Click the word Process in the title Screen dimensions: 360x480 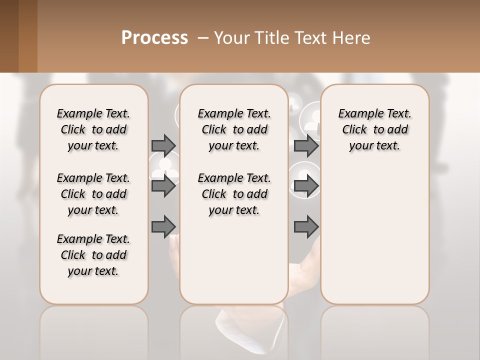pyautogui.click(x=154, y=38)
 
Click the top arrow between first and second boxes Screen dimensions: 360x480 pyautogui.click(x=163, y=145)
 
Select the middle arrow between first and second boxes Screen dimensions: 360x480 pyautogui.click(x=163, y=186)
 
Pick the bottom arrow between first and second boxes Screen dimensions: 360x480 pyautogui.click(x=163, y=226)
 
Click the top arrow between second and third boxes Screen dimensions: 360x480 pyautogui.click(x=306, y=145)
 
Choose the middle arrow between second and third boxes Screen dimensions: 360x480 pyautogui.click(x=306, y=186)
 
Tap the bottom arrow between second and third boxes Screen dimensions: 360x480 pyautogui.click(x=306, y=226)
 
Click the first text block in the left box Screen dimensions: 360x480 pyautogui.click(x=93, y=129)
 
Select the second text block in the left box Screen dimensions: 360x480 pyautogui.click(x=93, y=194)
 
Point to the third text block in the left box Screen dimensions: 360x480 pyautogui.click(x=93, y=255)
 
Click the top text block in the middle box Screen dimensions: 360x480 pyautogui.click(x=234, y=129)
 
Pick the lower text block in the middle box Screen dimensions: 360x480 pyautogui.click(x=234, y=194)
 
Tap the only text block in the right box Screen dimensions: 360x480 pyautogui.click(x=374, y=129)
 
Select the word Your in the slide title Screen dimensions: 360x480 pyautogui.click(x=230, y=38)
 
